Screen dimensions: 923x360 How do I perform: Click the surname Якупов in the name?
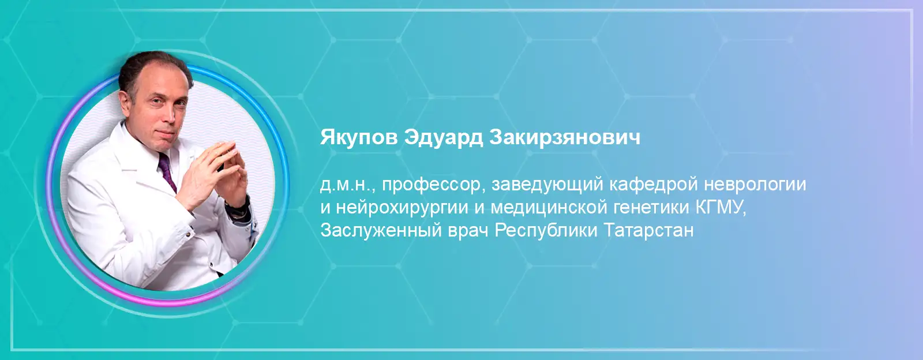point(359,138)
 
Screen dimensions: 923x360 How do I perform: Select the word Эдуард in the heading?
point(444,138)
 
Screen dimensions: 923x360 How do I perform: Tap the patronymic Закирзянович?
point(565,137)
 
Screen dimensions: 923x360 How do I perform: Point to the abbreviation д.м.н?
point(347,185)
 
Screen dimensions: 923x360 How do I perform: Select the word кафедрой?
point(653,185)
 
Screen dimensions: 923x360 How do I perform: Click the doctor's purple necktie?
point(167,171)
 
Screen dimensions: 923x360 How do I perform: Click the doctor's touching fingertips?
point(229,148)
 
